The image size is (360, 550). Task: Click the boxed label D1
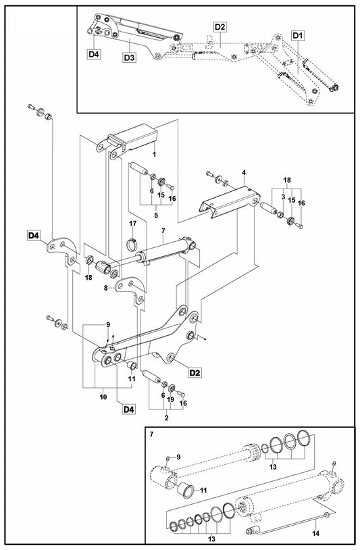point(299,34)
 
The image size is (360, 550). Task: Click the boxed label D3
point(130,58)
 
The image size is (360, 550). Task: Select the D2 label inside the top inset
point(220,26)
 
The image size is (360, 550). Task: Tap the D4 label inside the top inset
point(93,53)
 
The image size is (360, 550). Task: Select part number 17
point(133,224)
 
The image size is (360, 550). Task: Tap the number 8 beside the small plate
point(106,287)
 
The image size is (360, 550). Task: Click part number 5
point(157,216)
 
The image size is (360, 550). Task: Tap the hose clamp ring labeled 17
point(133,238)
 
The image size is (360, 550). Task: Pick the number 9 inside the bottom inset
point(178,456)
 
